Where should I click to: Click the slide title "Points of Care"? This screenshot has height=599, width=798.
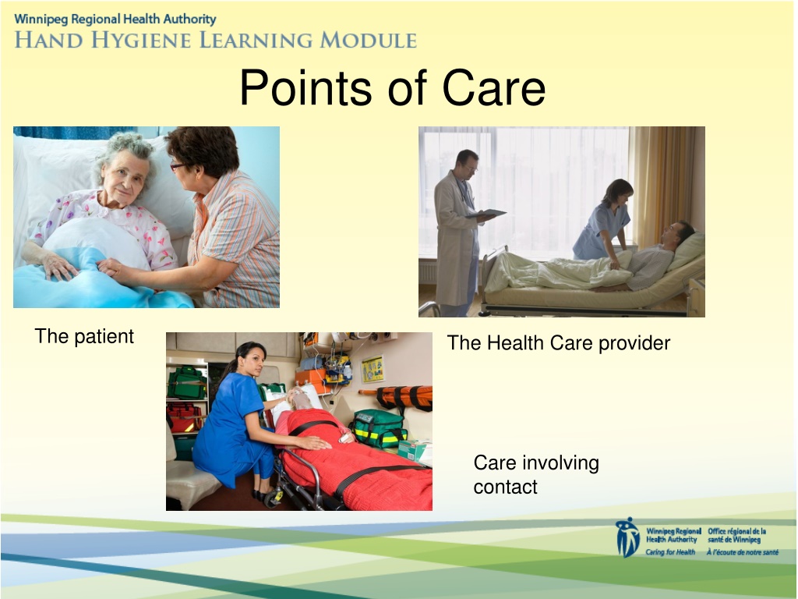(393, 87)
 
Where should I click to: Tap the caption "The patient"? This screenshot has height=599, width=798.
(84, 336)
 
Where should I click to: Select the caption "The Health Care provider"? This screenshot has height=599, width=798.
(558, 343)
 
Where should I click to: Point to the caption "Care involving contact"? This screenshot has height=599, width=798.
(536, 474)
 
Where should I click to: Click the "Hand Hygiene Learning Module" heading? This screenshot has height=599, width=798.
(216, 40)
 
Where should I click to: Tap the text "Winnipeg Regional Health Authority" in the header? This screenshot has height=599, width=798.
(115, 19)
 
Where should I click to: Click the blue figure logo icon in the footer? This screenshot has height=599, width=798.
(627, 537)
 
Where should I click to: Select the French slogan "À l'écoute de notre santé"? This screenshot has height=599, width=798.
(742, 552)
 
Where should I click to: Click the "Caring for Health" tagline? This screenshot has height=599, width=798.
(670, 552)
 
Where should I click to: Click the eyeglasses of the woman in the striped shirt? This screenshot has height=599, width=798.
(177, 166)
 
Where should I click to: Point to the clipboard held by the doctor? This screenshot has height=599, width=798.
(487, 214)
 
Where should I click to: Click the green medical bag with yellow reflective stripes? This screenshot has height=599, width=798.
(379, 429)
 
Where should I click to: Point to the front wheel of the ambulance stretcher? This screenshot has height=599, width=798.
(274, 498)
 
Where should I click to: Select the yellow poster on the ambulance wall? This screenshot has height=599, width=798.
(373, 369)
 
